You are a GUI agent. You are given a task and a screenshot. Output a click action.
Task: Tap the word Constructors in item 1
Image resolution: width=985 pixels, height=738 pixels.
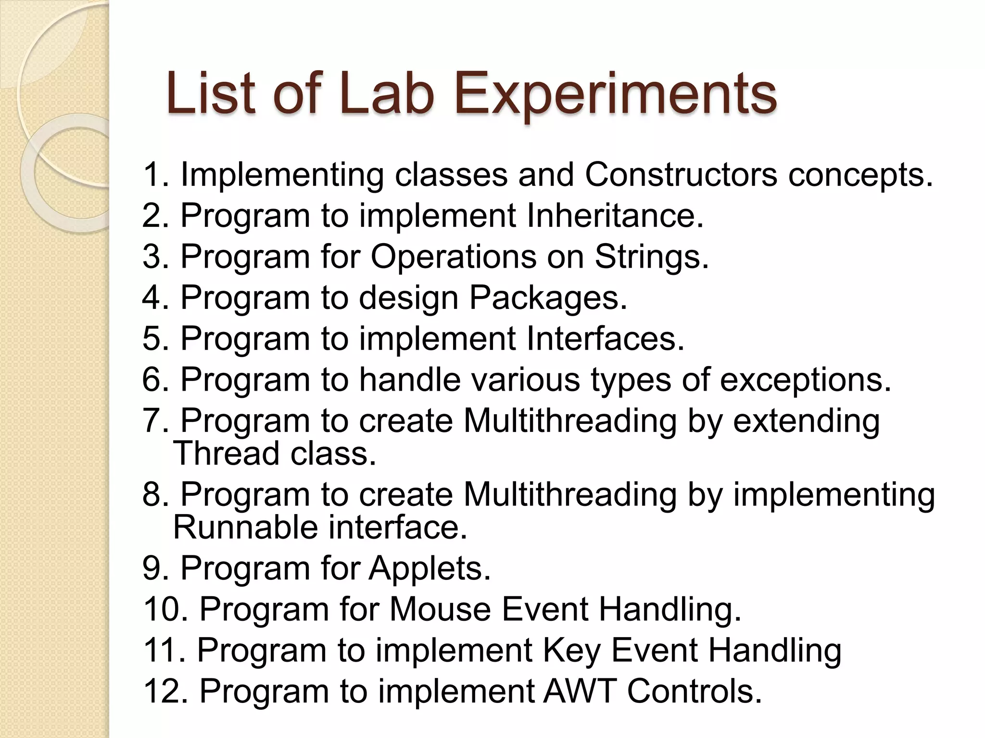[x=680, y=174]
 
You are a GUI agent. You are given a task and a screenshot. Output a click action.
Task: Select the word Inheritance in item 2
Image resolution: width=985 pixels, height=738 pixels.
[x=614, y=215]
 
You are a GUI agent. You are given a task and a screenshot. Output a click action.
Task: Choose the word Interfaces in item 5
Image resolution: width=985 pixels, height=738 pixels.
[x=605, y=339]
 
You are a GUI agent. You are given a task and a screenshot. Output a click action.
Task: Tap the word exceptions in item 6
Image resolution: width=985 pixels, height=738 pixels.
[x=805, y=380]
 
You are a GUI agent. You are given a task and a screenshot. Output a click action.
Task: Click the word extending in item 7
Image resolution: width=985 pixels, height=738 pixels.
[x=806, y=421]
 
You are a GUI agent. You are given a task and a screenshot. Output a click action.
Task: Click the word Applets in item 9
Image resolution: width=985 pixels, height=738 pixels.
[x=429, y=568]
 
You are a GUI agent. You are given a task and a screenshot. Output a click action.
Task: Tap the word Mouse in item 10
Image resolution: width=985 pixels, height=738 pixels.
[x=440, y=609]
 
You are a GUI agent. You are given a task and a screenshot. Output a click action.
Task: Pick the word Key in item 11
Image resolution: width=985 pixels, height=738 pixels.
[x=571, y=650]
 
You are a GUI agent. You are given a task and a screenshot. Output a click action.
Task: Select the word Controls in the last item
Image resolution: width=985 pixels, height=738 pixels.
[x=695, y=691]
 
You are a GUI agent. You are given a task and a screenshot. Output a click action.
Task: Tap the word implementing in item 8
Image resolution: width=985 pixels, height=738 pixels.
[x=833, y=495]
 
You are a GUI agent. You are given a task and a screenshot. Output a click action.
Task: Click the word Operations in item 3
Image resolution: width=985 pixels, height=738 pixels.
[x=454, y=257]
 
